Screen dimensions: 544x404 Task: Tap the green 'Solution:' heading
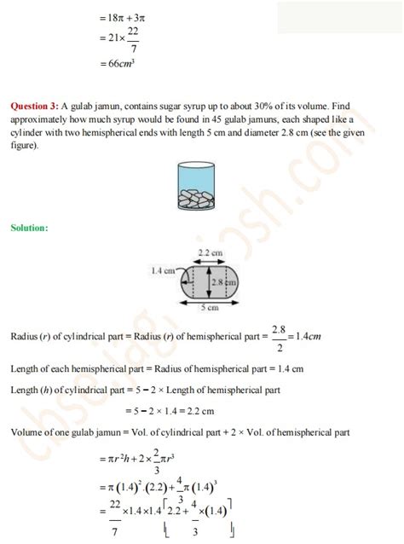click(x=29, y=228)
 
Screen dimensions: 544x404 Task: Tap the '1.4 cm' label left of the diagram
click(x=164, y=270)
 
